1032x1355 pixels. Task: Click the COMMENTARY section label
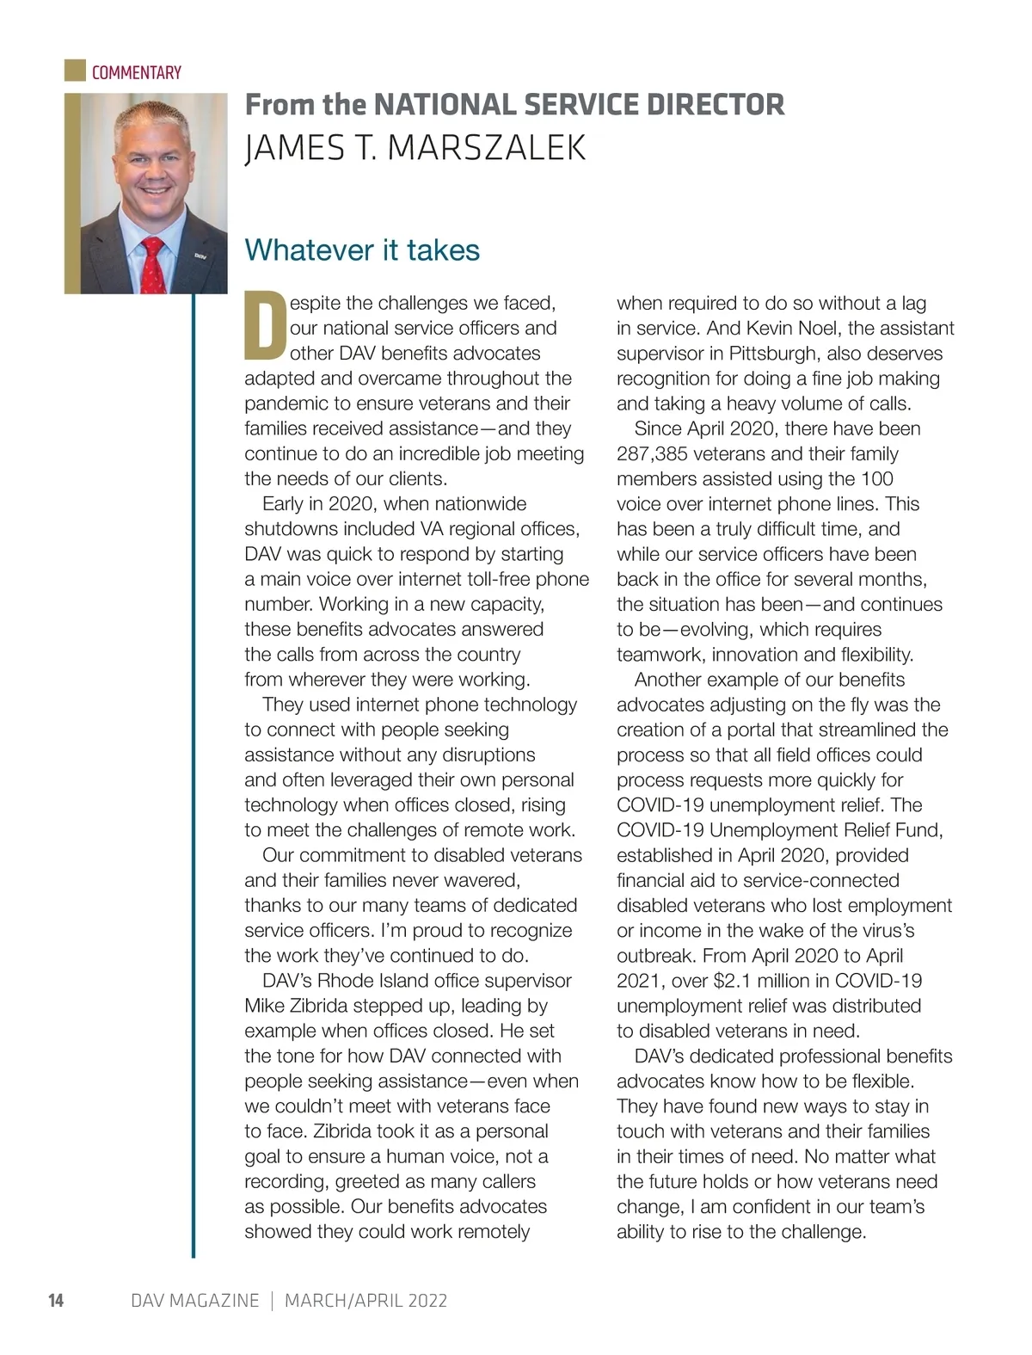136,72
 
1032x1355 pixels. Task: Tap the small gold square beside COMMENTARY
75,71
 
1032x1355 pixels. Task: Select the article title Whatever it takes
362,250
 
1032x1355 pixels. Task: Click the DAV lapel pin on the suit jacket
199,256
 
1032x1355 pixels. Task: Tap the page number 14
56,1300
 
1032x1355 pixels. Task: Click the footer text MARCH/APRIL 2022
365,1300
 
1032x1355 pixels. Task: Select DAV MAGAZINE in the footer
194,1300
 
